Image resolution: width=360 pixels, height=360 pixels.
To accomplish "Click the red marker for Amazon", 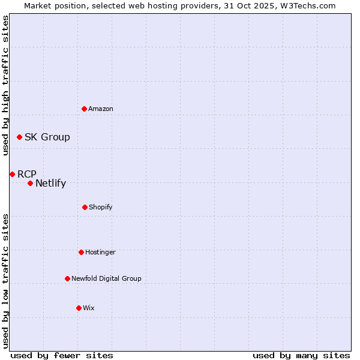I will pyautogui.click(x=84, y=109).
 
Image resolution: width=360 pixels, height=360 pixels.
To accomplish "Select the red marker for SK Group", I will pyautogui.click(x=19, y=137).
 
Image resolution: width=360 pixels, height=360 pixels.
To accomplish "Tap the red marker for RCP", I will pyautogui.click(x=12, y=174).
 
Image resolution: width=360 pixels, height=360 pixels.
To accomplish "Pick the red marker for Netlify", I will pyautogui.click(x=30, y=183).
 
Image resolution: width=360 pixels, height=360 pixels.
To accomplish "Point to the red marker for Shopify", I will pyautogui.click(x=85, y=207).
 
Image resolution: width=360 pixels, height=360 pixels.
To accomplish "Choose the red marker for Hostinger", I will pyautogui.click(x=81, y=252).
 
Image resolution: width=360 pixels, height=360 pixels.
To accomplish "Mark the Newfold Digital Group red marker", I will pyautogui.click(x=67, y=278).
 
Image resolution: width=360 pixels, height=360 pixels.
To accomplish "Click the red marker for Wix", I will pyautogui.click(x=79, y=308).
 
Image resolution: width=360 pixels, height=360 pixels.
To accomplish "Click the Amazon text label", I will pyautogui.click(x=101, y=109).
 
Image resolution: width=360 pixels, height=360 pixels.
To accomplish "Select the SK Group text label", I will pyautogui.click(x=47, y=137).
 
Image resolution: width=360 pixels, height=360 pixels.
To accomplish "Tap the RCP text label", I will pyautogui.click(x=27, y=174).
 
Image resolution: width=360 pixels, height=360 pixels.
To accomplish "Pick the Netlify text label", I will pyautogui.click(x=50, y=184).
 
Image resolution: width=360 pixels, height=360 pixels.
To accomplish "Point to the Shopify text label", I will pyautogui.click(x=101, y=207).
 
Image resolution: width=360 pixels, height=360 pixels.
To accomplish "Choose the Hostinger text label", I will pyautogui.click(x=100, y=252).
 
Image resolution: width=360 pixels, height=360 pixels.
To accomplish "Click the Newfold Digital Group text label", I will pyautogui.click(x=106, y=278).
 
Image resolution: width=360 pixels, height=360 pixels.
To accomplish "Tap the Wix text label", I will pyautogui.click(x=89, y=308).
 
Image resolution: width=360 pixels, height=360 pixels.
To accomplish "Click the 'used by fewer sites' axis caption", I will pyautogui.click(x=62, y=356).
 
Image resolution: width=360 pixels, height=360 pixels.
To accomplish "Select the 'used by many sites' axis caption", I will pyautogui.click(x=301, y=356).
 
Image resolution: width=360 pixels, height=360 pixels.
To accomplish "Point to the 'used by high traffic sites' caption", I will pyautogui.click(x=5, y=85).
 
